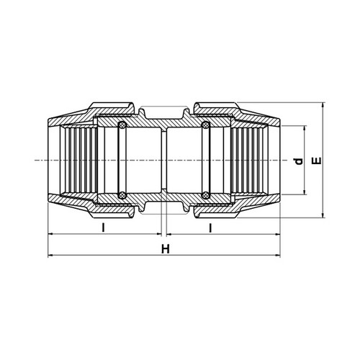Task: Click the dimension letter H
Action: tap(166, 249)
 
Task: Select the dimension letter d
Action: tap(299, 161)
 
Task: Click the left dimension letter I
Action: tap(104, 228)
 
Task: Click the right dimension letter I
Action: tap(210, 228)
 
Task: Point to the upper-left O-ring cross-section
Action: tap(122, 125)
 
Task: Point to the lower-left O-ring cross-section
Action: tap(122, 195)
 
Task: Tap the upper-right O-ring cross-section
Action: tap(206, 125)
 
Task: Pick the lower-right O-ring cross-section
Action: tap(206, 195)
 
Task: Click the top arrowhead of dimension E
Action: tap(323, 105)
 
